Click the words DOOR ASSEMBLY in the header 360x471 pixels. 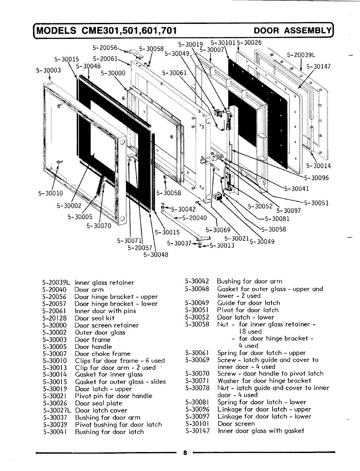point(293,31)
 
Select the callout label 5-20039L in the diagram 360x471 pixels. point(300,55)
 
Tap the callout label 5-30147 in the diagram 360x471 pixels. point(318,67)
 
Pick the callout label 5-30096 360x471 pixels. point(316,178)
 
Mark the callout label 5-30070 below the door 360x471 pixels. point(99,226)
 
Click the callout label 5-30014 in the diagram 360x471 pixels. point(318,166)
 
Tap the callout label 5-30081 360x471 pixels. point(277,219)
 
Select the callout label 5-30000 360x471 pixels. point(113,73)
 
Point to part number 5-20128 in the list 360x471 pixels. point(54,318)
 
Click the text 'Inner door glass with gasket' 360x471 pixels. point(261,431)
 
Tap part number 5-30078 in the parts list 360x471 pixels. point(197,388)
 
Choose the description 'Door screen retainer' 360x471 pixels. point(107,325)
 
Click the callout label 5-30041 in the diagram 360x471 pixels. point(296,188)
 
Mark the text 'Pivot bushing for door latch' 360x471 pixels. point(118,425)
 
